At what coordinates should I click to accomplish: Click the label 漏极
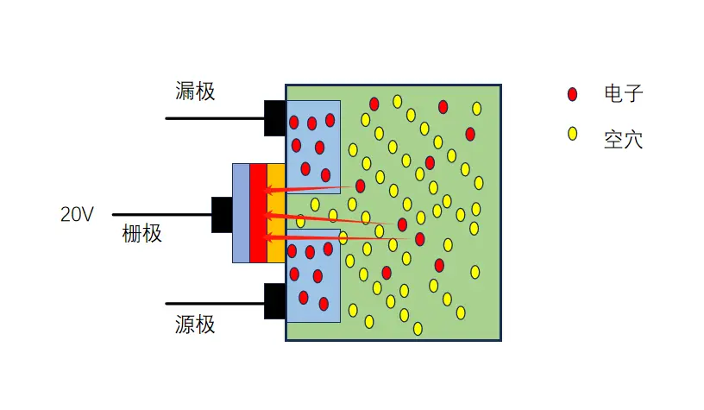tap(195, 91)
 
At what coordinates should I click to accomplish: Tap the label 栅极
tap(142, 233)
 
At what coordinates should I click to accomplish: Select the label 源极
tap(195, 325)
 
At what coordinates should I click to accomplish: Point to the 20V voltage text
tap(77, 215)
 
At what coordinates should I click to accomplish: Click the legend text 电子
tap(624, 94)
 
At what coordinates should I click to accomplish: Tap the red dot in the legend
tap(572, 93)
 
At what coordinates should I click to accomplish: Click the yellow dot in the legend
tap(571, 134)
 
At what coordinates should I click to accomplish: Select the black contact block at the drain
tap(274, 118)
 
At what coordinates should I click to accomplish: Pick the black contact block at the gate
tap(222, 214)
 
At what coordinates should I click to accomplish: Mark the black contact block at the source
tap(274, 301)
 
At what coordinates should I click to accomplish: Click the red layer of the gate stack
tap(257, 212)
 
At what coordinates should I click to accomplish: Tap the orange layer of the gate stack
tap(275, 212)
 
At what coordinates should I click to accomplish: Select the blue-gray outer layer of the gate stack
tap(241, 212)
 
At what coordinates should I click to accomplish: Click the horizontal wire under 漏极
tap(214, 118)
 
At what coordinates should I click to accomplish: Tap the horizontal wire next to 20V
tap(162, 214)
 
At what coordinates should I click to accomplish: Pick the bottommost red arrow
tap(336, 237)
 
